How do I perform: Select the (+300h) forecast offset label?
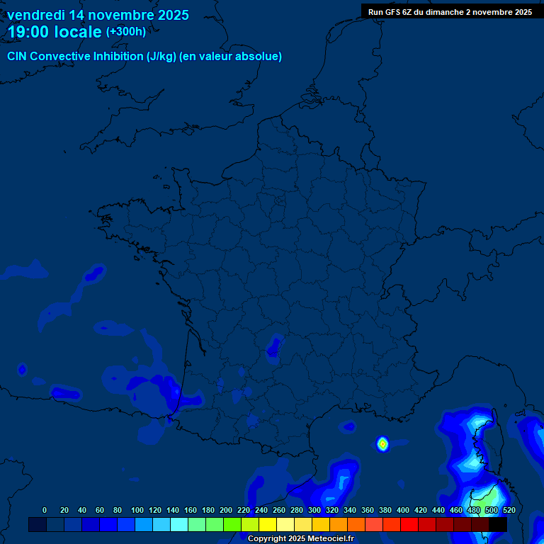(125, 32)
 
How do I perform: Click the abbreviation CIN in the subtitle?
(17, 57)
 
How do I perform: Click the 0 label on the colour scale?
(45, 510)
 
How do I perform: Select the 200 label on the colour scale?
(226, 510)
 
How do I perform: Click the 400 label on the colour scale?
(403, 510)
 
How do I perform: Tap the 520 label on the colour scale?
(509, 510)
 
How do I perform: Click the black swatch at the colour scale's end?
(497, 524)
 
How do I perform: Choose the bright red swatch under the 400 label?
(409, 524)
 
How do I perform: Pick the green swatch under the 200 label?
(232, 524)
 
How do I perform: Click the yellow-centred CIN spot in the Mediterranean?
(382, 444)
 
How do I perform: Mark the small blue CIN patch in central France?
(274, 348)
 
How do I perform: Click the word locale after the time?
(78, 32)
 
